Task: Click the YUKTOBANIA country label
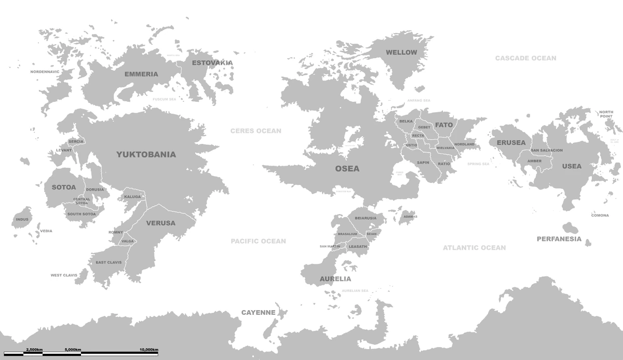[146, 154]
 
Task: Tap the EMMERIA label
[141, 74]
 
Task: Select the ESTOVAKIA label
[212, 63]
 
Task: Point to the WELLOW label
[401, 52]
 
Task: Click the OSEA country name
[347, 168]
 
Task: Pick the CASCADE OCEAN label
[525, 58]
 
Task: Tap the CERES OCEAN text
[256, 131]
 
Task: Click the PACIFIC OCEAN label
[258, 241]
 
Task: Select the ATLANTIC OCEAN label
[474, 248]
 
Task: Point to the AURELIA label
[335, 279]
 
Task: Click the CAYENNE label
[258, 313]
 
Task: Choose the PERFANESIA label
[559, 239]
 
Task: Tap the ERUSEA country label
[511, 143]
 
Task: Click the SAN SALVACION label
[546, 151]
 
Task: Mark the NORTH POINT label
[606, 114]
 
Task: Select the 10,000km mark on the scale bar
[148, 350]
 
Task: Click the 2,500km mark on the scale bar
[34, 350]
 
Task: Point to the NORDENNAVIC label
[45, 72]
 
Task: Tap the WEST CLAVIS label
[63, 275]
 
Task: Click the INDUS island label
[22, 219]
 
